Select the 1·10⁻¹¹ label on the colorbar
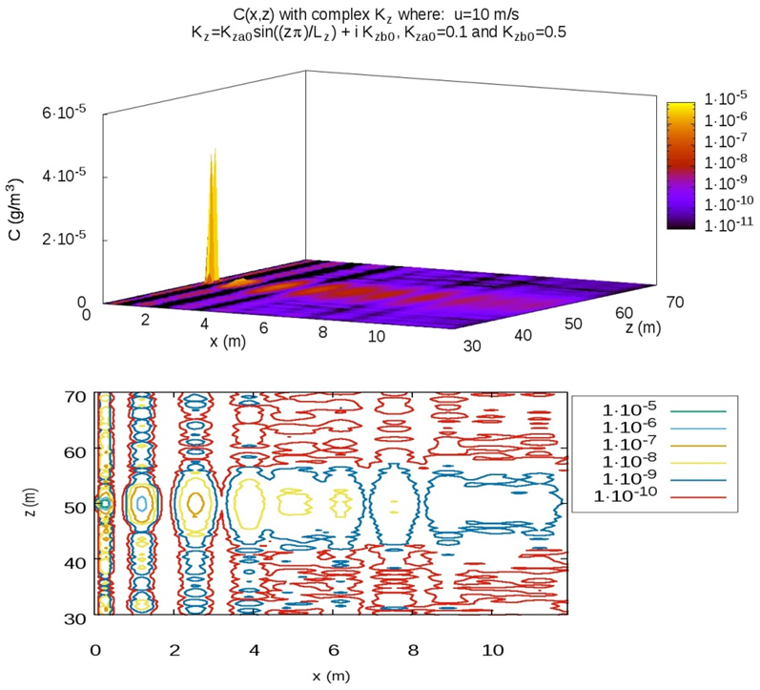[x=726, y=224]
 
